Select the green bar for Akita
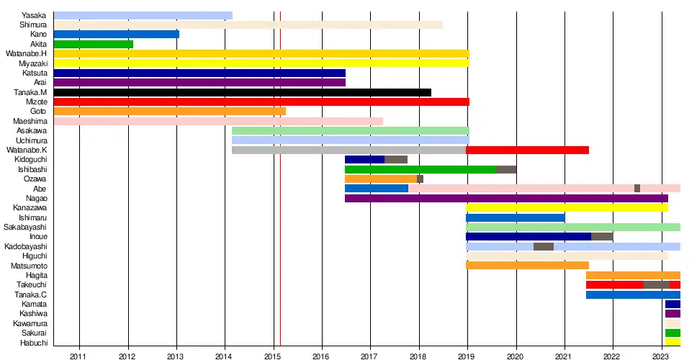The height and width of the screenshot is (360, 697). coord(93,44)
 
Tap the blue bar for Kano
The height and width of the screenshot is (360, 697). coord(116,34)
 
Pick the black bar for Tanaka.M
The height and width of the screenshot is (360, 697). coord(242,92)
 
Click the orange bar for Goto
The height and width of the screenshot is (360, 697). coord(169,111)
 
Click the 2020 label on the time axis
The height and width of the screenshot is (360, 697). coord(516,356)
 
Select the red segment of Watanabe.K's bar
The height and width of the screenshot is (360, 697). coord(527,150)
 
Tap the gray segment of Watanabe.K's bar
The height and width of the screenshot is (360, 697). coord(348,150)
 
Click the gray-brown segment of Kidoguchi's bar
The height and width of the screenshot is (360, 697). coord(396,159)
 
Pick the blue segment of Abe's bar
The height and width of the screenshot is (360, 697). coord(376,188)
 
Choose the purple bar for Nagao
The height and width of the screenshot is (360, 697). coord(506,198)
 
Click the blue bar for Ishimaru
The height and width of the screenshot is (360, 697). coord(515,217)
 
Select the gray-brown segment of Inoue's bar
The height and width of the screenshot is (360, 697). coord(602,236)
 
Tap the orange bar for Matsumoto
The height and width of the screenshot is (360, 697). coord(527,265)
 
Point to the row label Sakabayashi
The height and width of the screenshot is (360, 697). coord(25,227)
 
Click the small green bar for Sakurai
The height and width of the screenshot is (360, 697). coord(673,333)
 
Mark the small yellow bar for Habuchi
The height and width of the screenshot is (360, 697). coord(673,342)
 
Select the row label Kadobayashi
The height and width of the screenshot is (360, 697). coord(25,246)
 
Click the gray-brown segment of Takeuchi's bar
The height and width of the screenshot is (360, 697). coord(656,284)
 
